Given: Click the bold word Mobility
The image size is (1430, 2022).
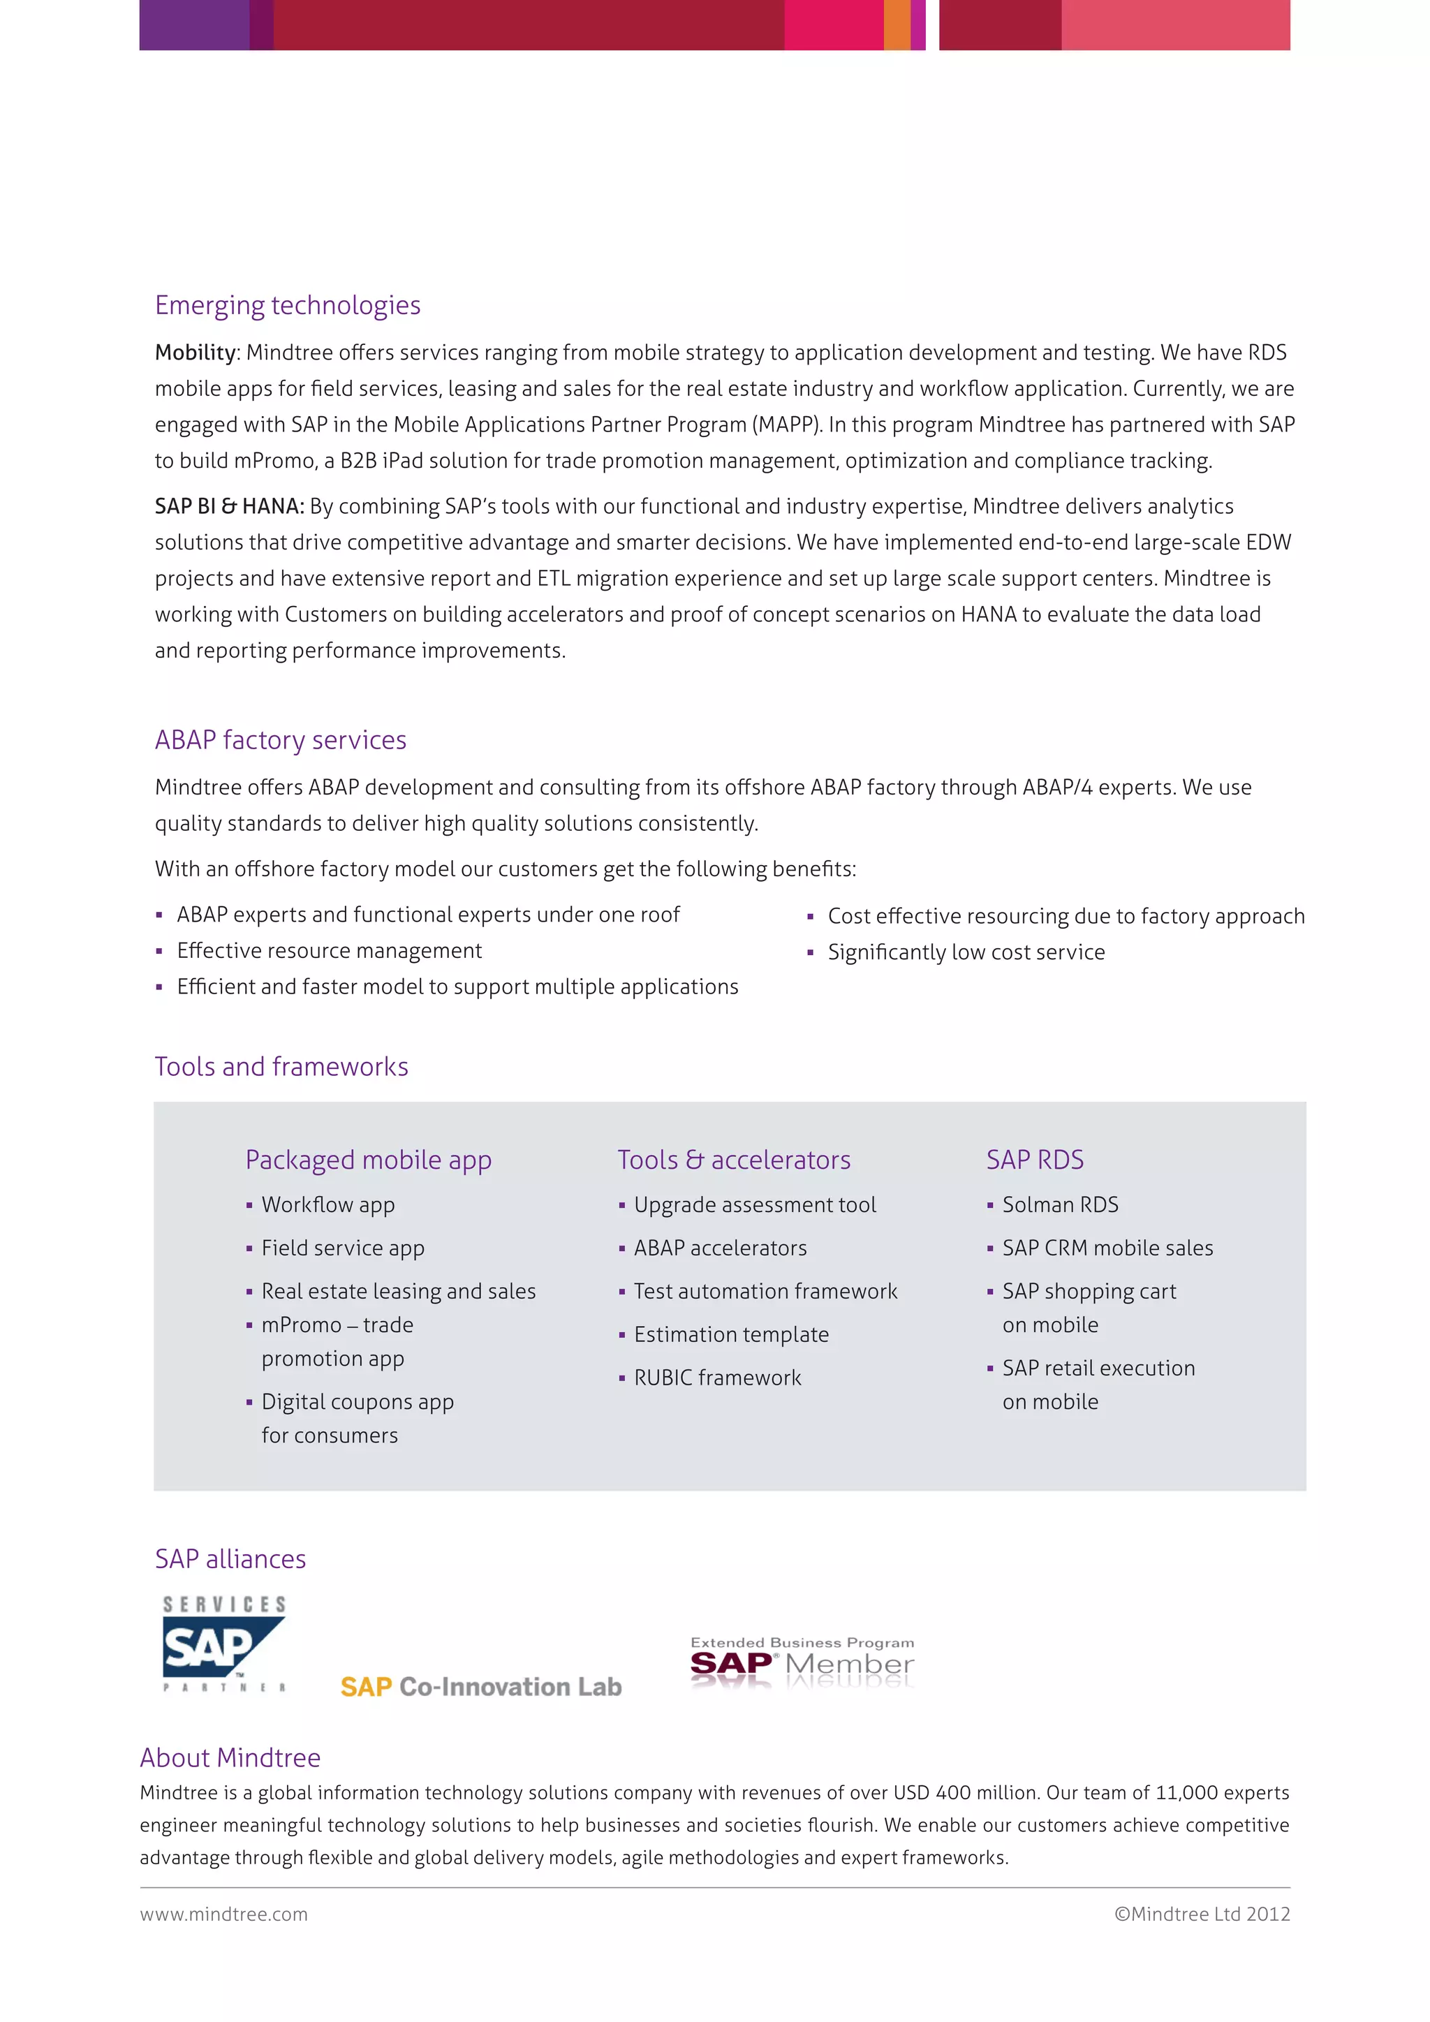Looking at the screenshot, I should (x=196, y=353).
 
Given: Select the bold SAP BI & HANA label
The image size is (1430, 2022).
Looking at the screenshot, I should (x=229, y=506).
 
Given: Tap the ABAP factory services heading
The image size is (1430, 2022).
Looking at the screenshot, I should (x=280, y=740).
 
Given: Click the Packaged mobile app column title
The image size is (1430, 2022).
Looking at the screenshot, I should (x=368, y=1160).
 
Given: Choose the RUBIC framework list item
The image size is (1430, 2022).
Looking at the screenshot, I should (x=717, y=1378).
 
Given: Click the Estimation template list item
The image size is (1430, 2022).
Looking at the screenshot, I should (x=731, y=1334).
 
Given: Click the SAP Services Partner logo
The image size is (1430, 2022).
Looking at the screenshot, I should (x=223, y=1644).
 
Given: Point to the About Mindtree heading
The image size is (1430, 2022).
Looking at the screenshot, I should (x=230, y=1758).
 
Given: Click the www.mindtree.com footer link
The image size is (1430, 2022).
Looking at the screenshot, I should (x=223, y=1914).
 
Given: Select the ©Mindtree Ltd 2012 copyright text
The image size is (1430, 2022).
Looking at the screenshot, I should (x=1201, y=1914).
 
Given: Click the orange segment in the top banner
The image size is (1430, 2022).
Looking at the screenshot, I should (x=897, y=24).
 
